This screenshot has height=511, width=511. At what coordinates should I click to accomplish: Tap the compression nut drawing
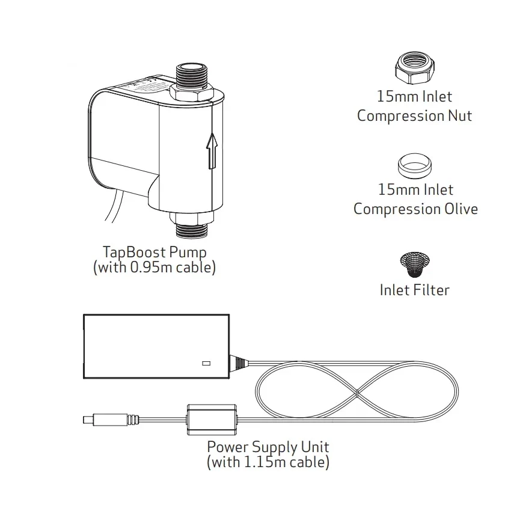click(x=415, y=67)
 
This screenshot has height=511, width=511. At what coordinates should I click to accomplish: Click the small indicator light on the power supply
click(x=206, y=363)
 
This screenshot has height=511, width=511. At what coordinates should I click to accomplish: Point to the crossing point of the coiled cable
click(x=357, y=394)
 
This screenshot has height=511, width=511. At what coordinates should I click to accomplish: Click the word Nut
click(x=459, y=115)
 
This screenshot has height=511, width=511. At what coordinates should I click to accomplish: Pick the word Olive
click(x=458, y=209)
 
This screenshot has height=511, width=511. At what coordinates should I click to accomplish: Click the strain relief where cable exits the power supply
click(x=239, y=363)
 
